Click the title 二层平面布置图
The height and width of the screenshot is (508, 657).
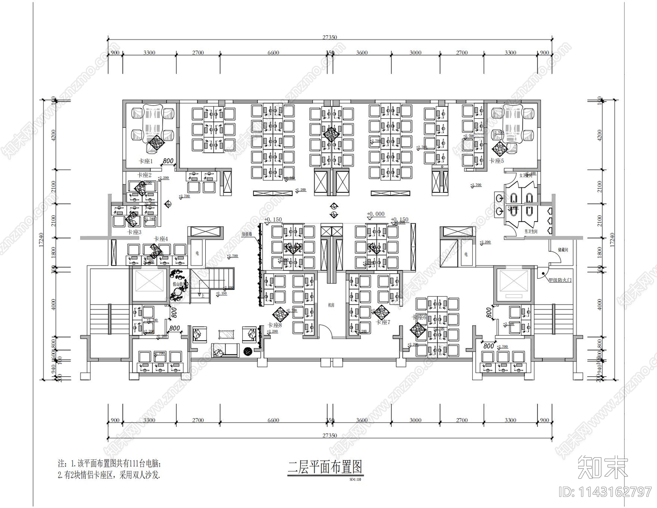click(325, 467)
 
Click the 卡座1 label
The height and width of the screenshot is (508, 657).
click(145, 161)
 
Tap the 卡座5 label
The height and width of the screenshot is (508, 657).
click(496, 161)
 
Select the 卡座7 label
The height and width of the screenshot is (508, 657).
click(383, 322)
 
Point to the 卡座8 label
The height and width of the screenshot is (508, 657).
click(274, 325)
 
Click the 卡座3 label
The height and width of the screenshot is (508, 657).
click(134, 232)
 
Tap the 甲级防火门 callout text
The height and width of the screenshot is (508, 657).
click(560, 280)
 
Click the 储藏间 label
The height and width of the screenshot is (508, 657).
click(563, 249)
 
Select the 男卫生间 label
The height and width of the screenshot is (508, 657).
click(531, 232)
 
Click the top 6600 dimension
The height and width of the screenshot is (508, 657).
click(273, 53)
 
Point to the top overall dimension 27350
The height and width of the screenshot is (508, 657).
click(329, 37)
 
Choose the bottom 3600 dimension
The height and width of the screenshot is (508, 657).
click(362, 420)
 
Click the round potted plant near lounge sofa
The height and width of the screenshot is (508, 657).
click(248, 351)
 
